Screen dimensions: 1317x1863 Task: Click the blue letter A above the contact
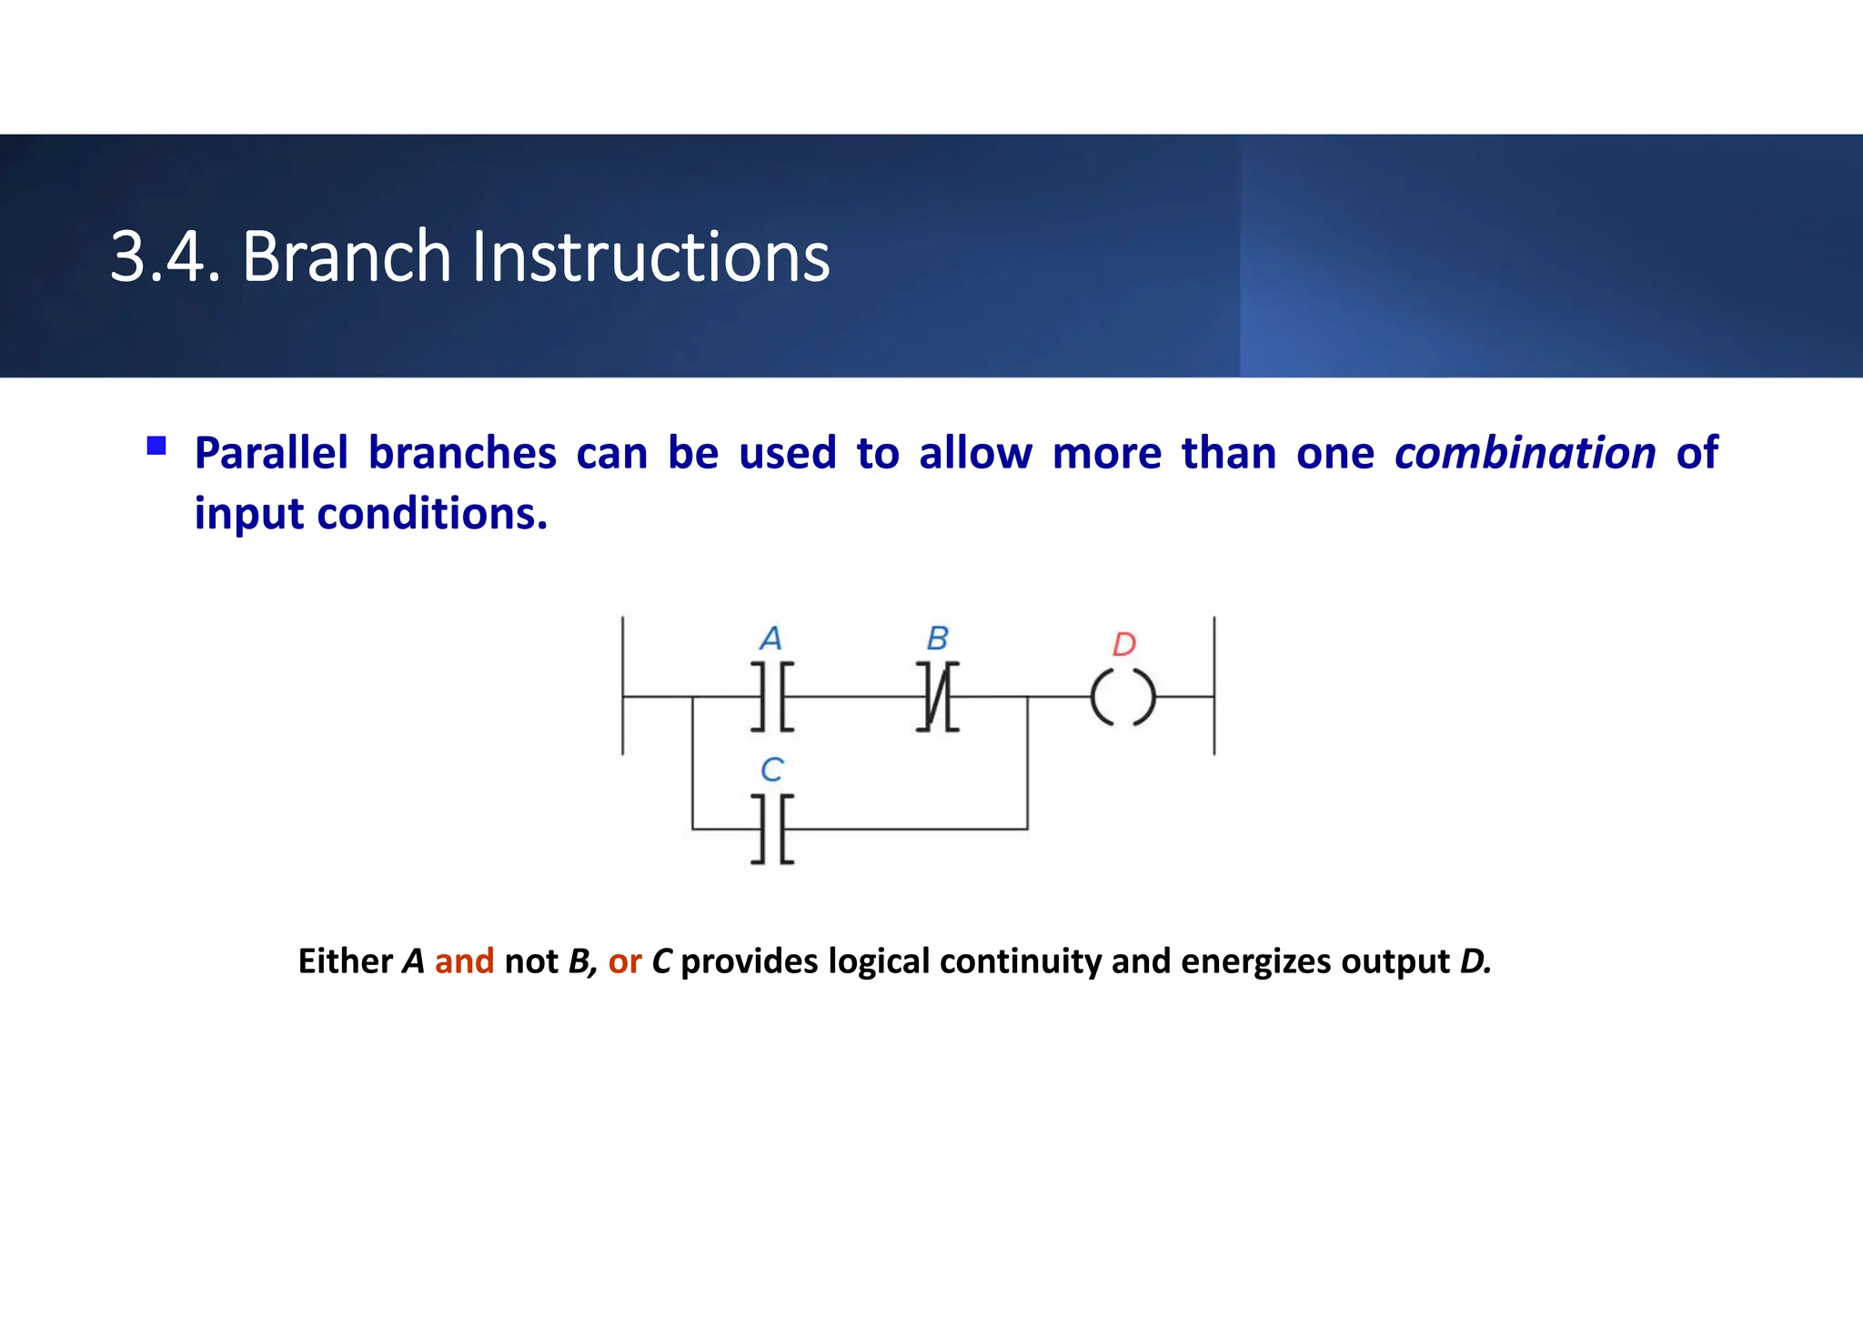[770, 638]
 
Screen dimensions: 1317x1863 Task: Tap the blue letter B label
[937, 638]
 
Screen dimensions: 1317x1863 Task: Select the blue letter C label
[771, 769]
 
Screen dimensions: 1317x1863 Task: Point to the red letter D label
[1124, 644]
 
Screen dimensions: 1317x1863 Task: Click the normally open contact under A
[772, 697]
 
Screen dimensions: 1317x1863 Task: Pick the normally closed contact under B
[937, 697]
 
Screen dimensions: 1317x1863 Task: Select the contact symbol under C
[772, 829]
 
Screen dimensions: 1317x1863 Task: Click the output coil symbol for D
[1123, 698]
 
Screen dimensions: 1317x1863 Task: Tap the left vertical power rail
[622, 685]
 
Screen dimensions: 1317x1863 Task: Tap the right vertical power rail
[1214, 685]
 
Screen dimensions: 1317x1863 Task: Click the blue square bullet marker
[156, 446]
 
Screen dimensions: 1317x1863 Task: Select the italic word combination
[1525, 453]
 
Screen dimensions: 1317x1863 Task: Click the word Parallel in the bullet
[271, 453]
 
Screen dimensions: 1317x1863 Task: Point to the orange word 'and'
[464, 960]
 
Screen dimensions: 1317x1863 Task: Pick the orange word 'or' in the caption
[625, 960]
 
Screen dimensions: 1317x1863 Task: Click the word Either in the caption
[345, 960]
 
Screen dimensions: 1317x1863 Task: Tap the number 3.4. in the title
[165, 256]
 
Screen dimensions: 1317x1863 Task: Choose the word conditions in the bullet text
[432, 514]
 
